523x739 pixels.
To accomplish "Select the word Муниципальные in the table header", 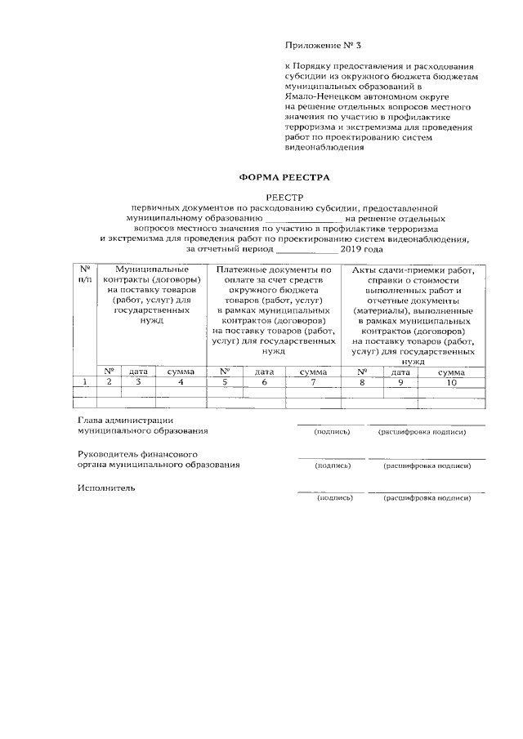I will (151, 269).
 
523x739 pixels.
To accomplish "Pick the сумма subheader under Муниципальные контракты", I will (181, 371).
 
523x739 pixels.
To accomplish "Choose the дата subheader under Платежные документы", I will (264, 371).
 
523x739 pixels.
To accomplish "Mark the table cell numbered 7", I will (312, 381).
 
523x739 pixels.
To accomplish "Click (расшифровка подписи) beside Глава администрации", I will (423, 432).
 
